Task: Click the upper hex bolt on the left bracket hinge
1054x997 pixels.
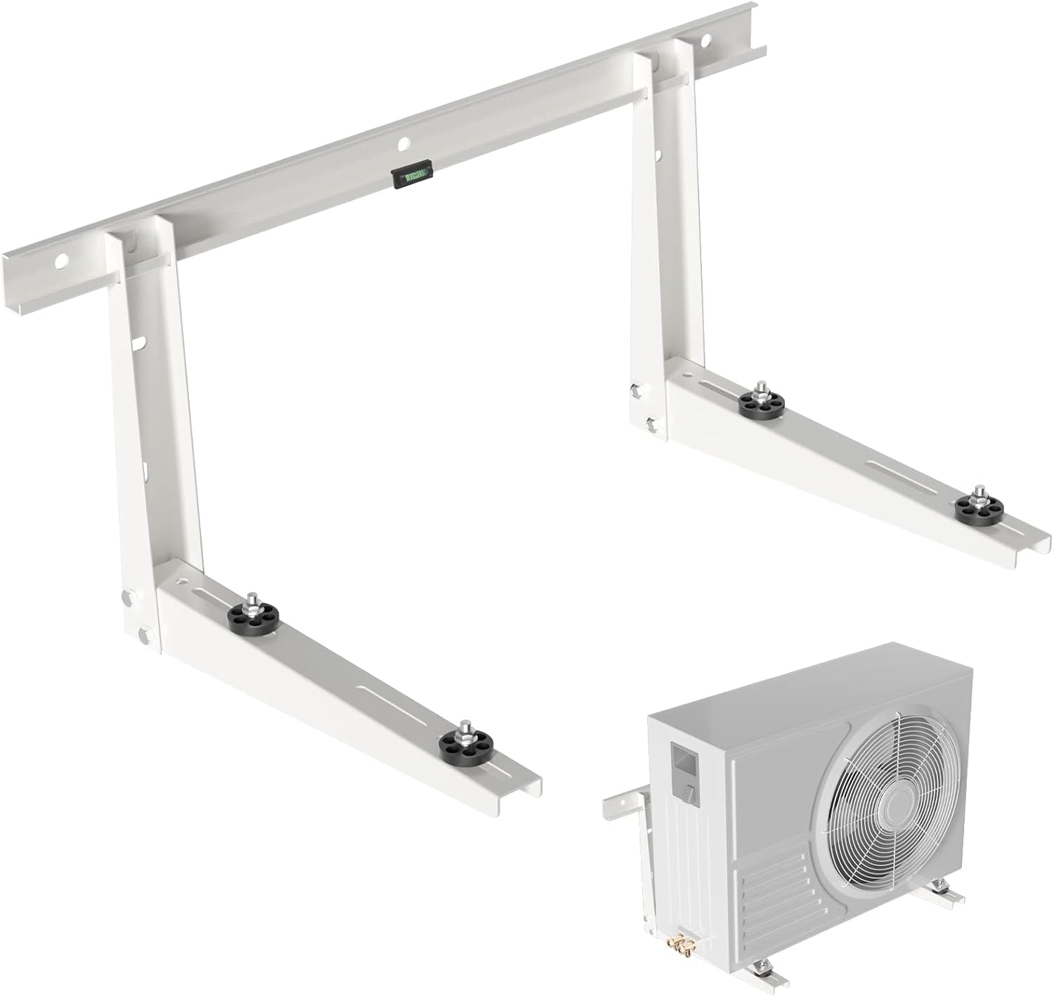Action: pyautogui.click(x=129, y=598)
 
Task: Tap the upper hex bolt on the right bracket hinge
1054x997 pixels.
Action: pyautogui.click(x=637, y=389)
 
